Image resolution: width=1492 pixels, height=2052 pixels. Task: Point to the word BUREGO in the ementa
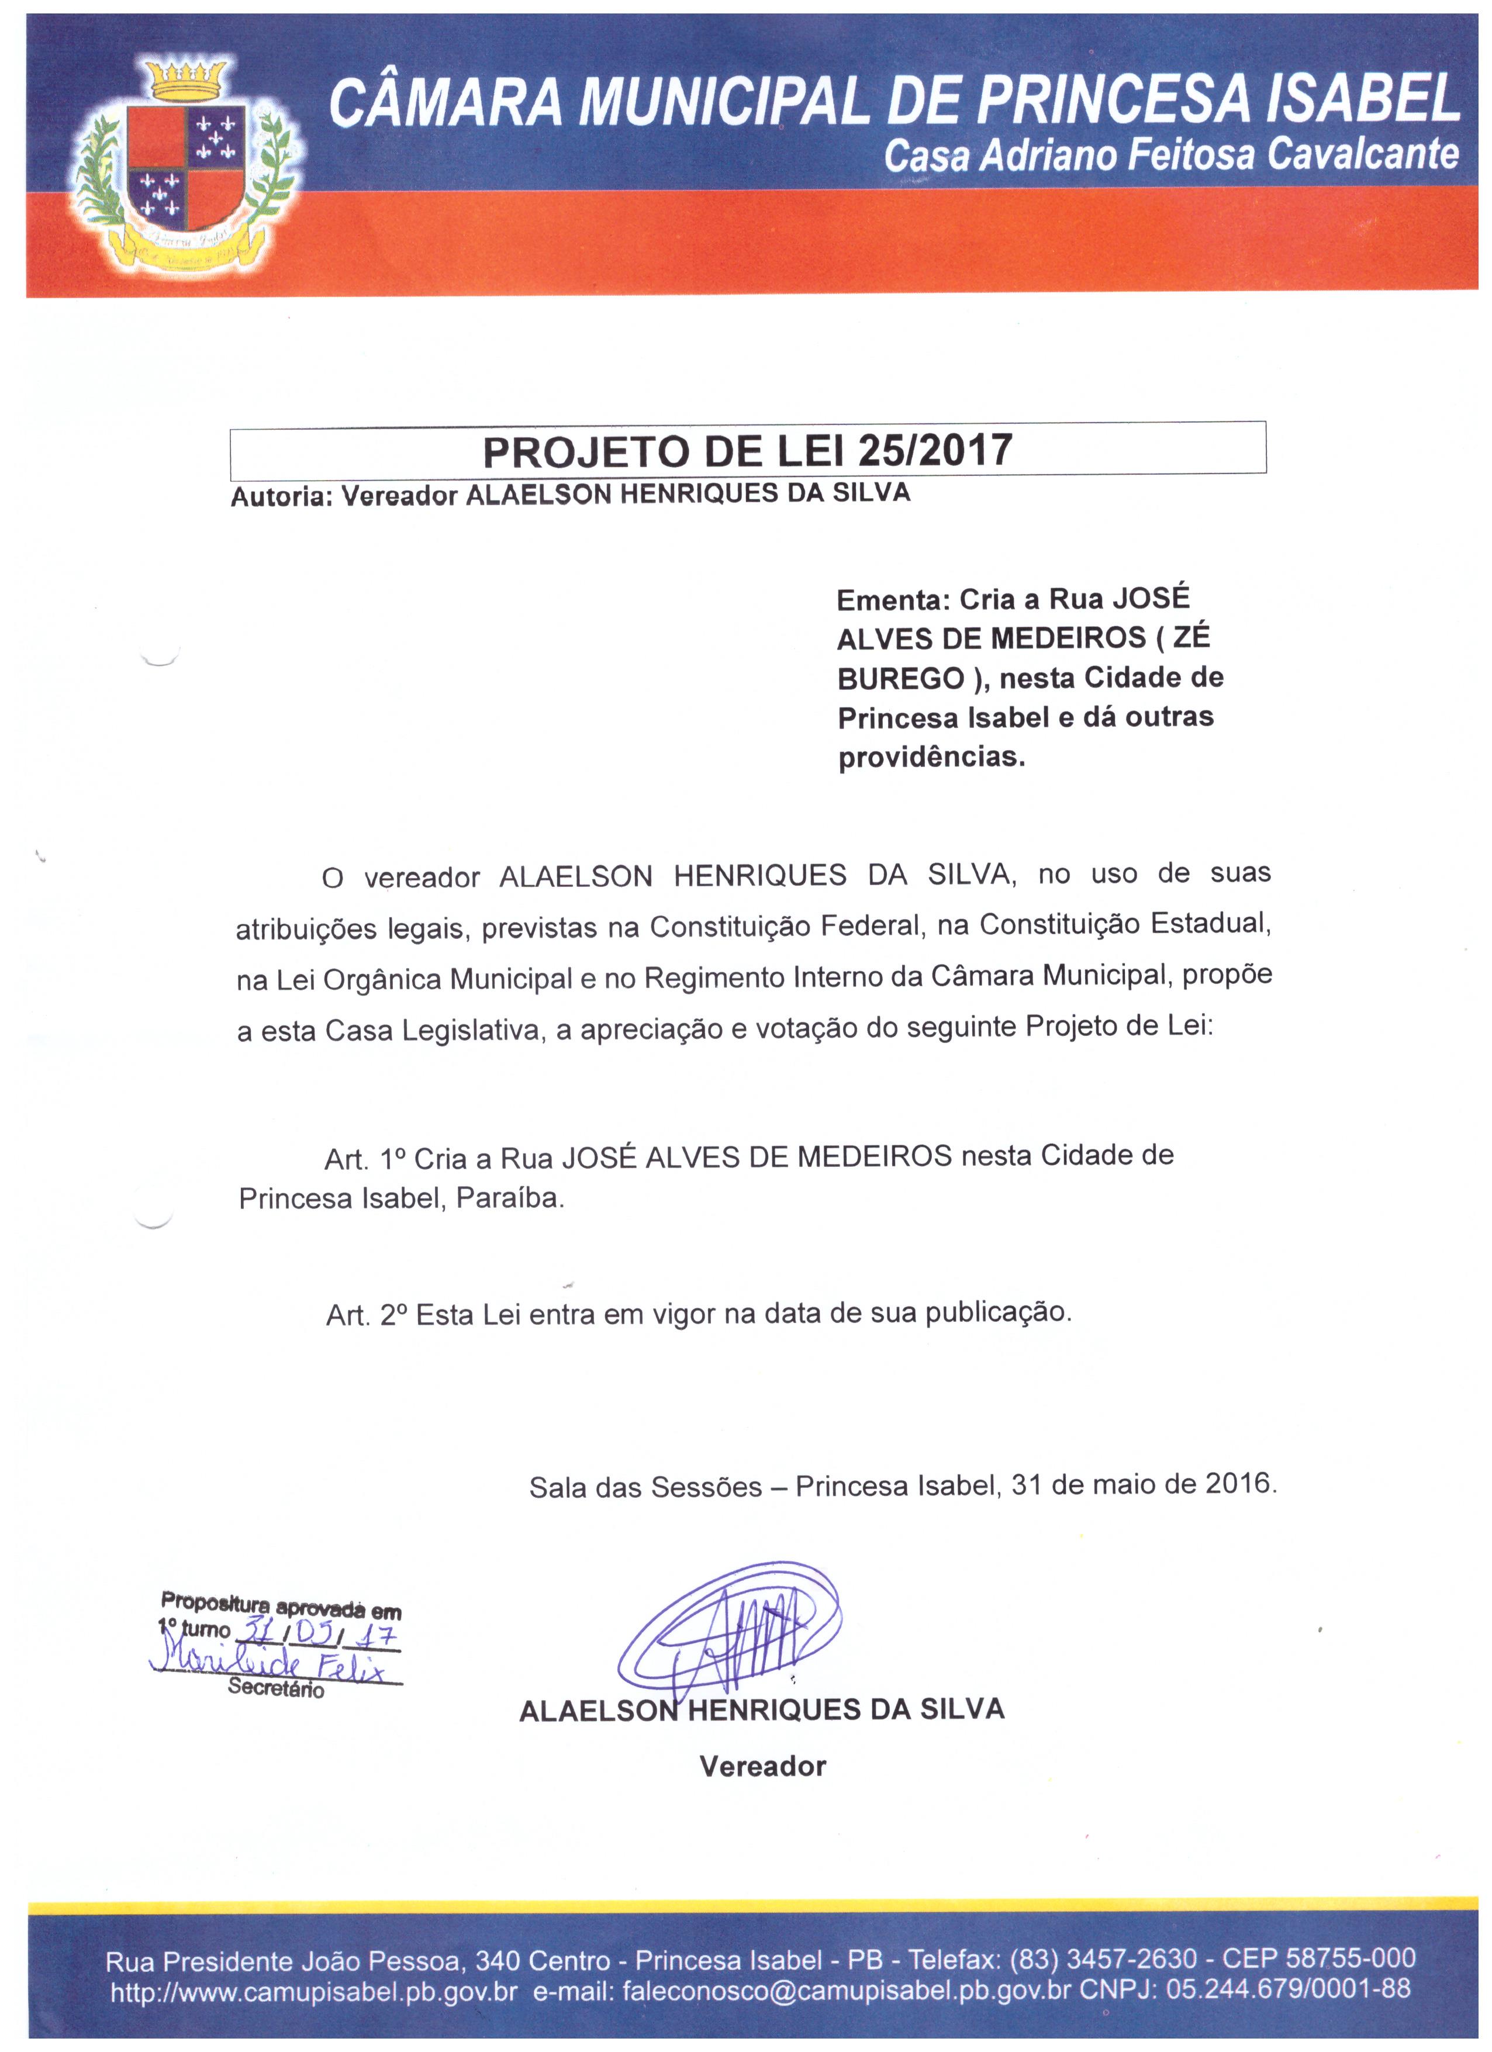point(900,679)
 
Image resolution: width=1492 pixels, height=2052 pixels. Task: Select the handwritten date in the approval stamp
point(317,1636)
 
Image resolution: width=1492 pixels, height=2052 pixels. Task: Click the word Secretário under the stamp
point(276,1688)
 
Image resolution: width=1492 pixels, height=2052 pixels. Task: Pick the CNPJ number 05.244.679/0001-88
point(1289,1989)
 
